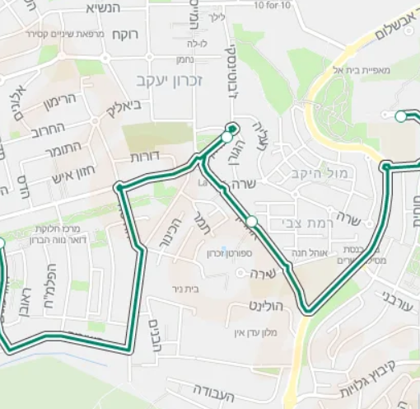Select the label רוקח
pos(127,35)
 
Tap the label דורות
pos(145,156)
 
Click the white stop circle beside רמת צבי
pos(252,221)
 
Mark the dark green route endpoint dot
pos(232,129)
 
